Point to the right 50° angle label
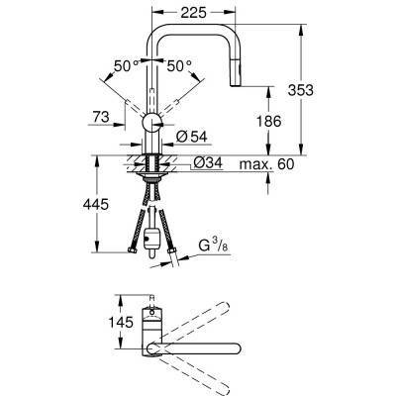(x=178, y=66)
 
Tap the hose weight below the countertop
(x=151, y=239)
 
